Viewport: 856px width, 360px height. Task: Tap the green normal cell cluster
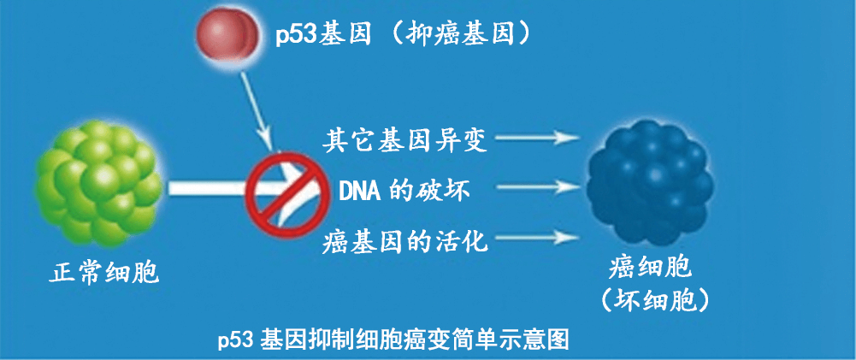(x=98, y=184)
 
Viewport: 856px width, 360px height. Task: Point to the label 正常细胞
(x=103, y=273)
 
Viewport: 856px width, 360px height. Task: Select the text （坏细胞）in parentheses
(x=651, y=302)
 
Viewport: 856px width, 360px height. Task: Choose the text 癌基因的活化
(x=404, y=241)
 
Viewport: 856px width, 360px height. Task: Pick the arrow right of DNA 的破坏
(x=537, y=187)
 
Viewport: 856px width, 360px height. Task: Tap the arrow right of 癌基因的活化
(x=537, y=237)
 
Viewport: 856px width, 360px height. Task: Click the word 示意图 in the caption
(x=543, y=339)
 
